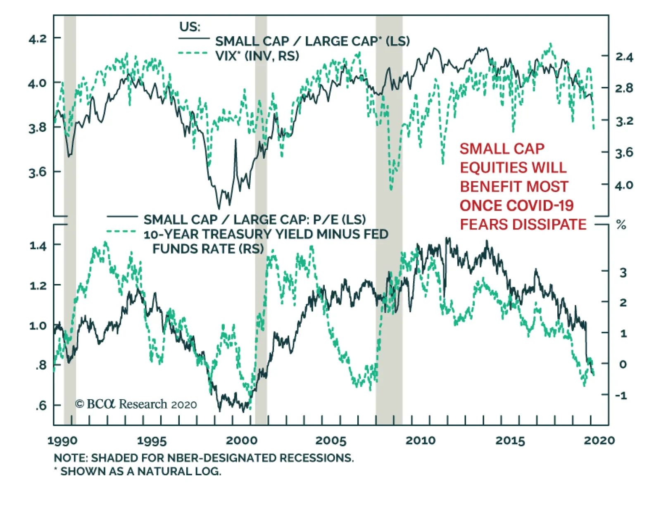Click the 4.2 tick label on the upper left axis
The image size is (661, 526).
(38, 39)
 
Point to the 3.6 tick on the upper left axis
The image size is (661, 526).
(38, 172)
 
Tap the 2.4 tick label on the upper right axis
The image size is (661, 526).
(624, 57)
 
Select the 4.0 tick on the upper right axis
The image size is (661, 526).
(624, 185)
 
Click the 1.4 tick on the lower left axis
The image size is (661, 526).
(38, 246)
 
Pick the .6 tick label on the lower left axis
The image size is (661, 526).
(41, 405)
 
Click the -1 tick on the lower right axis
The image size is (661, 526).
(621, 395)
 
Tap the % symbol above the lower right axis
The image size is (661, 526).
(621, 225)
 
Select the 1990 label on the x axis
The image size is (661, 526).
(62, 441)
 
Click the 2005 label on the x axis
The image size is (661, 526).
(331, 441)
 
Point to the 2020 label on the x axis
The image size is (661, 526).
(599, 441)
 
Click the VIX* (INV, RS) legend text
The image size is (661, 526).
(257, 56)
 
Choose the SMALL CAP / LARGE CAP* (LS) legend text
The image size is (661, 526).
(312, 41)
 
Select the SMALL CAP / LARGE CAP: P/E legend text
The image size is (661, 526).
(254, 219)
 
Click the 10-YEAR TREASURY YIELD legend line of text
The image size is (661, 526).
(266, 234)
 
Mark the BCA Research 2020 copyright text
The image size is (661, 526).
(136, 404)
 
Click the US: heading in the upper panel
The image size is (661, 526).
(190, 27)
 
